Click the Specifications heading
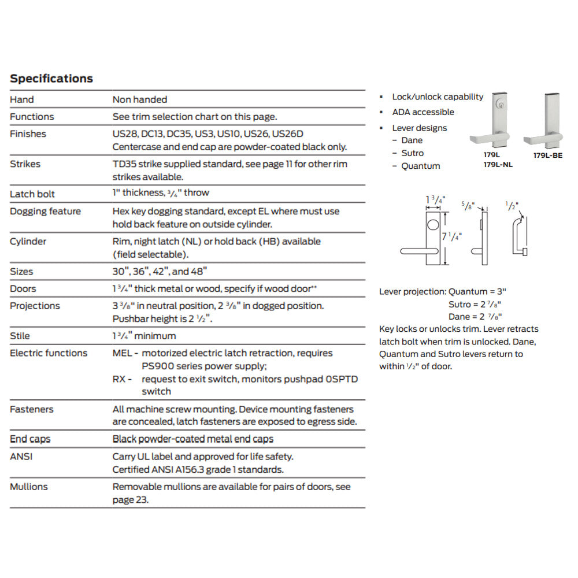tap(51, 79)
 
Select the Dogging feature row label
tap(45, 212)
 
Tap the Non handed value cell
tap(140, 99)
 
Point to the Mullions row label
tap(28, 487)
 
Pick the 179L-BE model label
tap(547, 155)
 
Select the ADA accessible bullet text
tap(423, 112)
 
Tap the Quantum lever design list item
tap(421, 166)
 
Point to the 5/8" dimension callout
tap(468, 205)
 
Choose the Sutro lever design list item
tap(413, 153)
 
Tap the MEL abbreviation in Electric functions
tap(122, 353)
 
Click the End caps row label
tap(30, 439)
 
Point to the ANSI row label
tap(22, 457)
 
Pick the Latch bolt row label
tap(32, 194)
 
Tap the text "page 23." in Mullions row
tap(131, 499)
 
